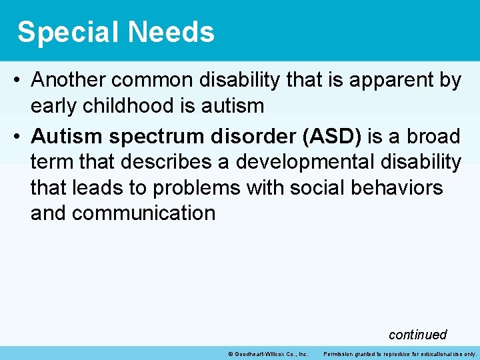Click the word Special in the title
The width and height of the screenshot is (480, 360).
63,32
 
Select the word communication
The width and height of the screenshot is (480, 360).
143,213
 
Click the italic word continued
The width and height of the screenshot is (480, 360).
417,335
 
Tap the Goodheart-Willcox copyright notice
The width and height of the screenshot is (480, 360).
267,353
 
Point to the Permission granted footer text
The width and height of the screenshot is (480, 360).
400,353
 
